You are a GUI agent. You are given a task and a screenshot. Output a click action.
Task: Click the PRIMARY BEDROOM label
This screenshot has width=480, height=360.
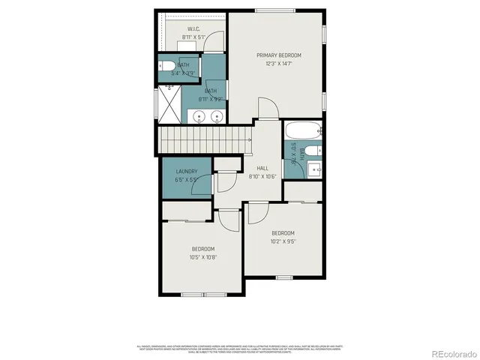pos(278,55)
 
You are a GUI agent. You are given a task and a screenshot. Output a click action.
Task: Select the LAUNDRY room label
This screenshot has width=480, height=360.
pos(187,171)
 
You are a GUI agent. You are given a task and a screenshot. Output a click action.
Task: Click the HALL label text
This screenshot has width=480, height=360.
pos(262,168)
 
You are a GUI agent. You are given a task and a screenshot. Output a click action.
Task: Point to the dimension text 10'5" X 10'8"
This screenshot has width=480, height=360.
pos(202,257)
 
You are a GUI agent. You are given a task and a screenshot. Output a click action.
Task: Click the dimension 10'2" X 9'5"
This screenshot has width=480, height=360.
pos(283,241)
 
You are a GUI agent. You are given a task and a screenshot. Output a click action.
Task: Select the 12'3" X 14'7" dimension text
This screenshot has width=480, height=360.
pos(278,64)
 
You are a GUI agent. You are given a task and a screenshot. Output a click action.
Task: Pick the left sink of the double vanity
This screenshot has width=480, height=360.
pos(199,116)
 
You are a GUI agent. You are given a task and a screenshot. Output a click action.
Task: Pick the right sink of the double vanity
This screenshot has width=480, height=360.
pos(217,116)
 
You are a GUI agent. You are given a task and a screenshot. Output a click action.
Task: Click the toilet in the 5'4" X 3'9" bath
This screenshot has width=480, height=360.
pos(166,66)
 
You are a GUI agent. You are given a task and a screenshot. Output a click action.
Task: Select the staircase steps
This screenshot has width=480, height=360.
pos(202,139)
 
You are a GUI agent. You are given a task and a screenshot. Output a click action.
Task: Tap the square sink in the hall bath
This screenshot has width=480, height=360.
pos(315,168)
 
